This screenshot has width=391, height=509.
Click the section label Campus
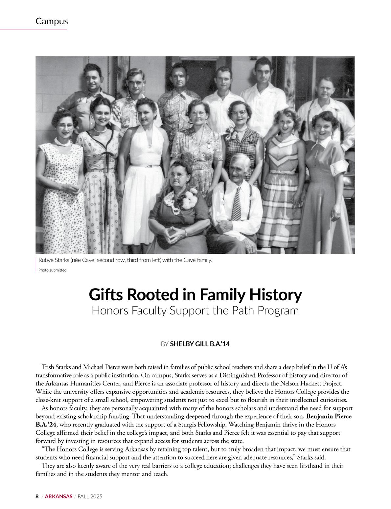(52, 21)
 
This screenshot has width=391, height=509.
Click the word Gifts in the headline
(106, 295)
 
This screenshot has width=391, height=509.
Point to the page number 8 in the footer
(37, 496)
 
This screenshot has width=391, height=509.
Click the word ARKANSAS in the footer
(58, 496)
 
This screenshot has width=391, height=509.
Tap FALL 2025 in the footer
(90, 496)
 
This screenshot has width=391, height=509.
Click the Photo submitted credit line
(53, 270)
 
